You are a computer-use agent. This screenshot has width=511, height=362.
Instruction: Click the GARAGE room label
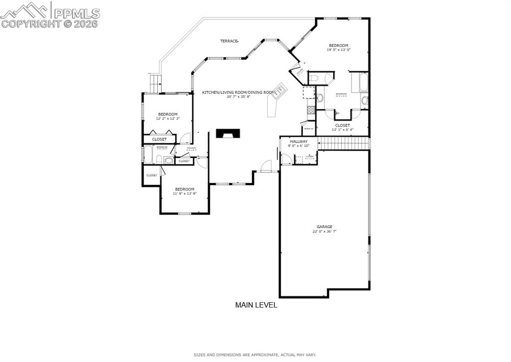[324, 227]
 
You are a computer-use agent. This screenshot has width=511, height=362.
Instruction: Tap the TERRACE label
[229, 41]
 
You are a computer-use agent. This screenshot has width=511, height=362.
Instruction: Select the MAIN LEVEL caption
[256, 305]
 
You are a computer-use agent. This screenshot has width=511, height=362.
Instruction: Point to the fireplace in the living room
[228, 133]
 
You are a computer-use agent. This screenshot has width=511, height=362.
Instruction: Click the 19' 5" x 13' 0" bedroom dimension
[338, 50]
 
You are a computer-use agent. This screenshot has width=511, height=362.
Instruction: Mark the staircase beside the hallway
[344, 143]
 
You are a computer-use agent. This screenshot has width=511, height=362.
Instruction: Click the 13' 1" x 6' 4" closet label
[342, 128]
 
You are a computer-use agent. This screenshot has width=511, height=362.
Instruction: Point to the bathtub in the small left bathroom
[148, 154]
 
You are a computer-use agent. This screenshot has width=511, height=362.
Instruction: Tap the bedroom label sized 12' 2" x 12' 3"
[168, 116]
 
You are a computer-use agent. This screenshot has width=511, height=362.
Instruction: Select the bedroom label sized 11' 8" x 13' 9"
[184, 191]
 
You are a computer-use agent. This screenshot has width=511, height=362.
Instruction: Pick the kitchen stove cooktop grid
[310, 109]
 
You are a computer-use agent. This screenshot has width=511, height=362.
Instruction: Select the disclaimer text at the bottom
[255, 355]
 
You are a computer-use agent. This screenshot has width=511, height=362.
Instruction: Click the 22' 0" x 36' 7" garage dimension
[324, 231]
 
